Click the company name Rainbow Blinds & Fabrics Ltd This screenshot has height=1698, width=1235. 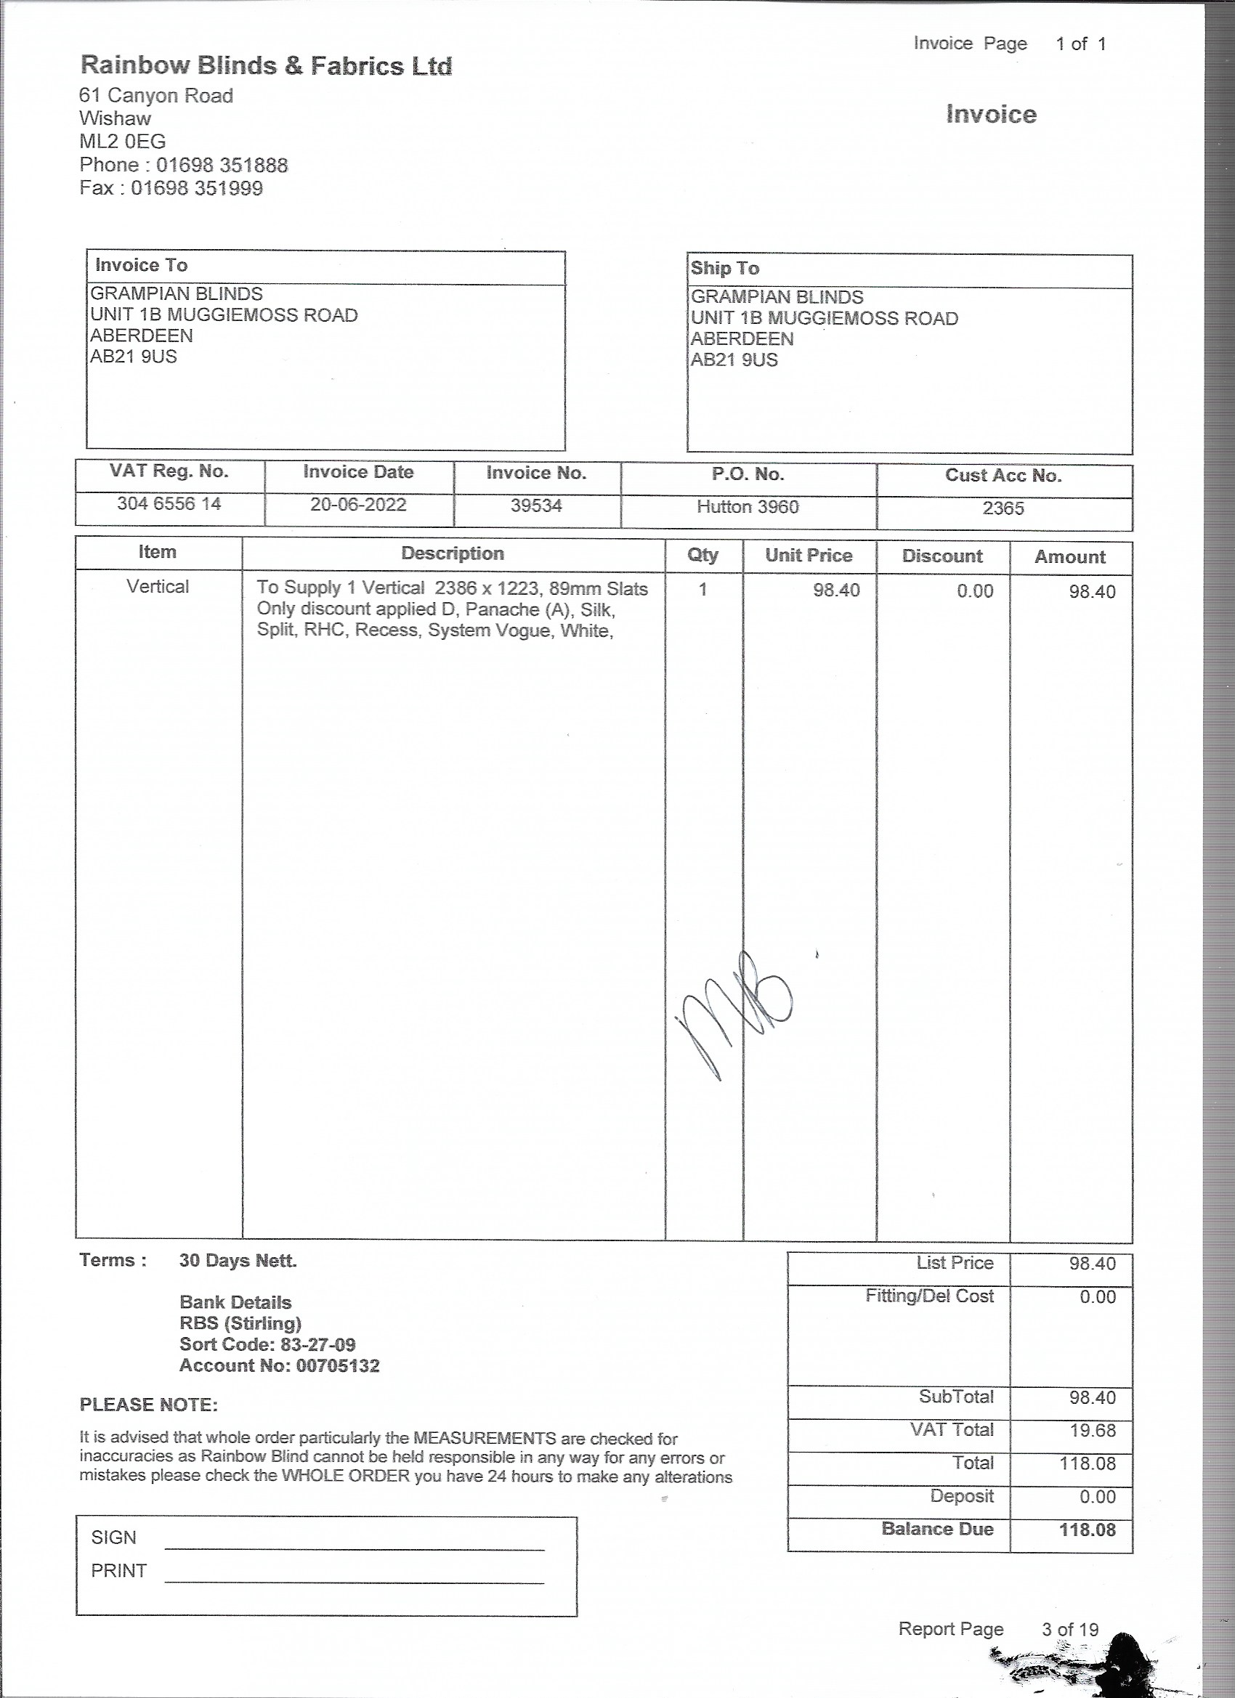click(x=266, y=66)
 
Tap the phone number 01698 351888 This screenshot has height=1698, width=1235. click(x=222, y=165)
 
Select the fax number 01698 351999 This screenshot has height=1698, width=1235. click(x=197, y=188)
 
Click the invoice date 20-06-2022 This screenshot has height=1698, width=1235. click(x=358, y=505)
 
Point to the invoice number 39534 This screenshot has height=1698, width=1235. click(x=536, y=506)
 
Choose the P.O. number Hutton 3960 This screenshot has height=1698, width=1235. click(x=748, y=507)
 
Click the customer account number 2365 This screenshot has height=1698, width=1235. click(x=1003, y=508)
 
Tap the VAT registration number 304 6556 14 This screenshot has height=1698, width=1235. click(x=169, y=504)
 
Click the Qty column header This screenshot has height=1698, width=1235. click(x=702, y=555)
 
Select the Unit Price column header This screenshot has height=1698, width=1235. click(x=808, y=556)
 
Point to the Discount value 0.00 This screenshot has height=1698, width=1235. click(x=974, y=591)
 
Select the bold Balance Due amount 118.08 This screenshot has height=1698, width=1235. click(x=1087, y=1530)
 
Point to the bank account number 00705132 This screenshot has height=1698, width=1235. click(x=338, y=1365)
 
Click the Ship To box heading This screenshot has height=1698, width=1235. click(x=724, y=269)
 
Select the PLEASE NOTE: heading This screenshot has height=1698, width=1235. click(x=148, y=1405)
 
